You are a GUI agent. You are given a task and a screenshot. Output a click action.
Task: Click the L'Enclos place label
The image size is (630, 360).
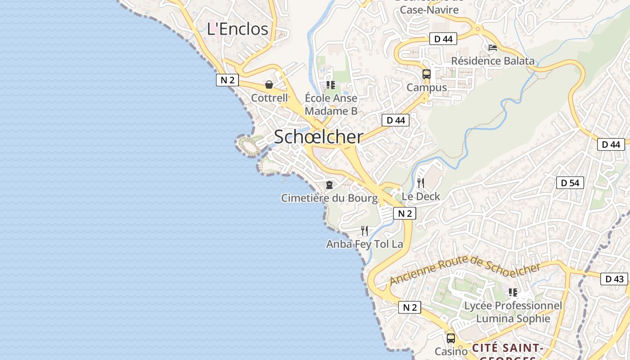click(x=237, y=29)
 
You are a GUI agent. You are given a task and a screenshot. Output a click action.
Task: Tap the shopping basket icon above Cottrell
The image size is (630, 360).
click(x=269, y=85)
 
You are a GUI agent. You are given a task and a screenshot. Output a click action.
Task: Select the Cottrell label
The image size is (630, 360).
click(x=269, y=98)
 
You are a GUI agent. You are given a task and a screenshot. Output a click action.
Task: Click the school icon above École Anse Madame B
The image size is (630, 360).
click(x=331, y=85)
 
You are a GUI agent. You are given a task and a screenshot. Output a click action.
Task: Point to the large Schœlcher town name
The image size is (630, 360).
click(x=318, y=137)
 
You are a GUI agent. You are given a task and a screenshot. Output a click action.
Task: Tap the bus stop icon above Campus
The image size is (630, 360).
click(x=427, y=74)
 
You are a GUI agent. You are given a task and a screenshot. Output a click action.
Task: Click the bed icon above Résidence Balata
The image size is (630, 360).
click(x=493, y=48)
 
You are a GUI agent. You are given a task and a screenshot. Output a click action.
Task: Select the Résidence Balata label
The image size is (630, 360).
click(x=493, y=61)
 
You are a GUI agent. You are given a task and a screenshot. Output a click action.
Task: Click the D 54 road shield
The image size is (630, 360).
click(x=570, y=183)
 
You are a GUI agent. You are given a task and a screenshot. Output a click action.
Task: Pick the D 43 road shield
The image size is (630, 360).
click(x=614, y=279)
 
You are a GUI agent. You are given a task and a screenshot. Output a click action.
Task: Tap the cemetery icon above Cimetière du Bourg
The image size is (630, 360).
click(x=329, y=185)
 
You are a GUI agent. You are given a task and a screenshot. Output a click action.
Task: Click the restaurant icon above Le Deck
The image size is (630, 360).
click(x=421, y=183)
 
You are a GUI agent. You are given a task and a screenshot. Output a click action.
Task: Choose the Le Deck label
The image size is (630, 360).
click(x=421, y=197)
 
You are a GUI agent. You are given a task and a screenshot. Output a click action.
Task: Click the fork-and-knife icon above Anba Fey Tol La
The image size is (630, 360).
click(x=364, y=231)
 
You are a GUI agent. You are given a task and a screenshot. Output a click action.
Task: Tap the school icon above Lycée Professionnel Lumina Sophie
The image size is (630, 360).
click(x=513, y=292)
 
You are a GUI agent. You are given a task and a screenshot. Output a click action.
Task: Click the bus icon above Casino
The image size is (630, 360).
click(x=450, y=338)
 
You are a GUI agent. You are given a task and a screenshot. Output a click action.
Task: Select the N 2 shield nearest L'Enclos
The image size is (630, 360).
click(x=227, y=80)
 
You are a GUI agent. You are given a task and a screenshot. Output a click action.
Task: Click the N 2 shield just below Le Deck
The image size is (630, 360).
click(x=405, y=213)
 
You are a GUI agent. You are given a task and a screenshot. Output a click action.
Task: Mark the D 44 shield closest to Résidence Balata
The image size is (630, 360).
click(x=443, y=39)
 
